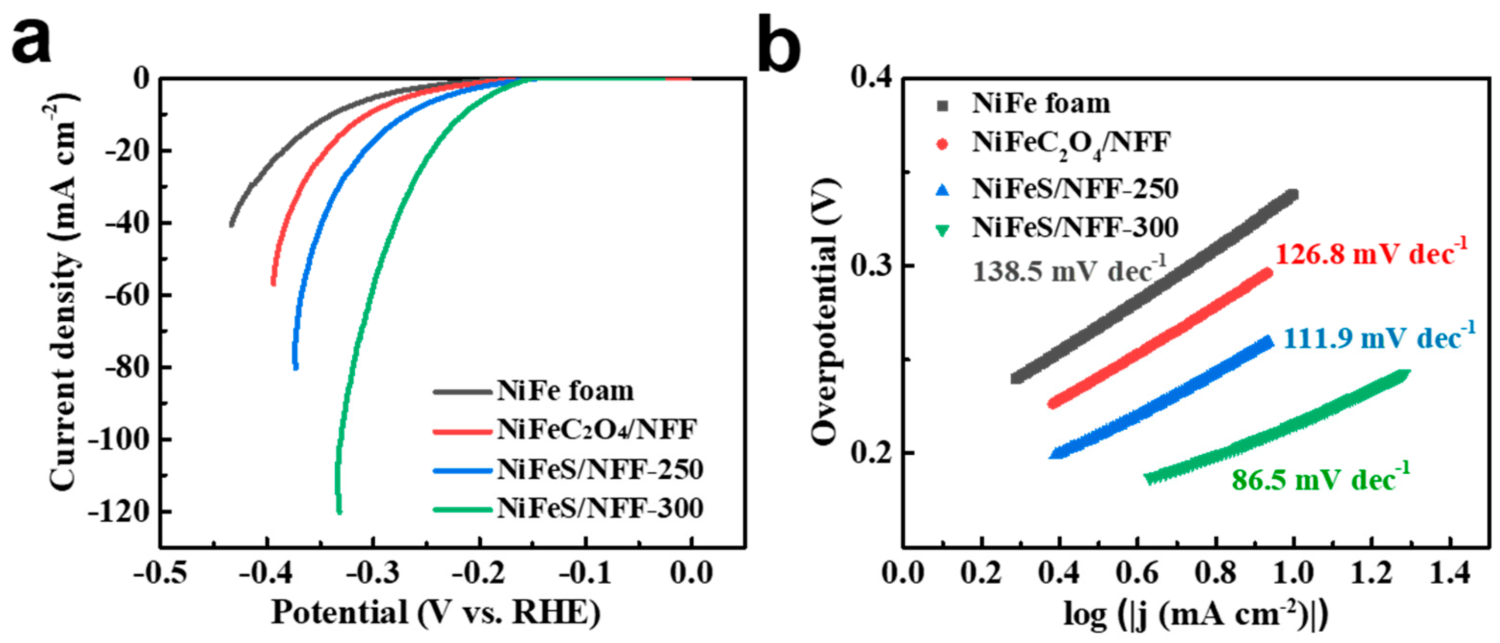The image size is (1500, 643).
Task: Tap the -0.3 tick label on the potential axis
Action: (x=373, y=573)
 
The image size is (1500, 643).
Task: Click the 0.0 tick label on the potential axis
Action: (x=691, y=573)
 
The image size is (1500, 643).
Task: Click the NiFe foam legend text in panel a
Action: (x=565, y=391)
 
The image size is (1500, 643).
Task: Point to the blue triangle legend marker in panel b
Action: (x=942, y=190)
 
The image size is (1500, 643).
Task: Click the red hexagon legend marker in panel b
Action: (x=942, y=144)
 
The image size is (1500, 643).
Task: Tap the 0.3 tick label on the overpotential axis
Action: (x=872, y=266)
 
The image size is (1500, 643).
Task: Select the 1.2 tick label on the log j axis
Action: (x=1372, y=573)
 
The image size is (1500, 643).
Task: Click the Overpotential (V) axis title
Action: (x=825, y=313)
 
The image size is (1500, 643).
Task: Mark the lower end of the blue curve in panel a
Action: (x=296, y=367)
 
